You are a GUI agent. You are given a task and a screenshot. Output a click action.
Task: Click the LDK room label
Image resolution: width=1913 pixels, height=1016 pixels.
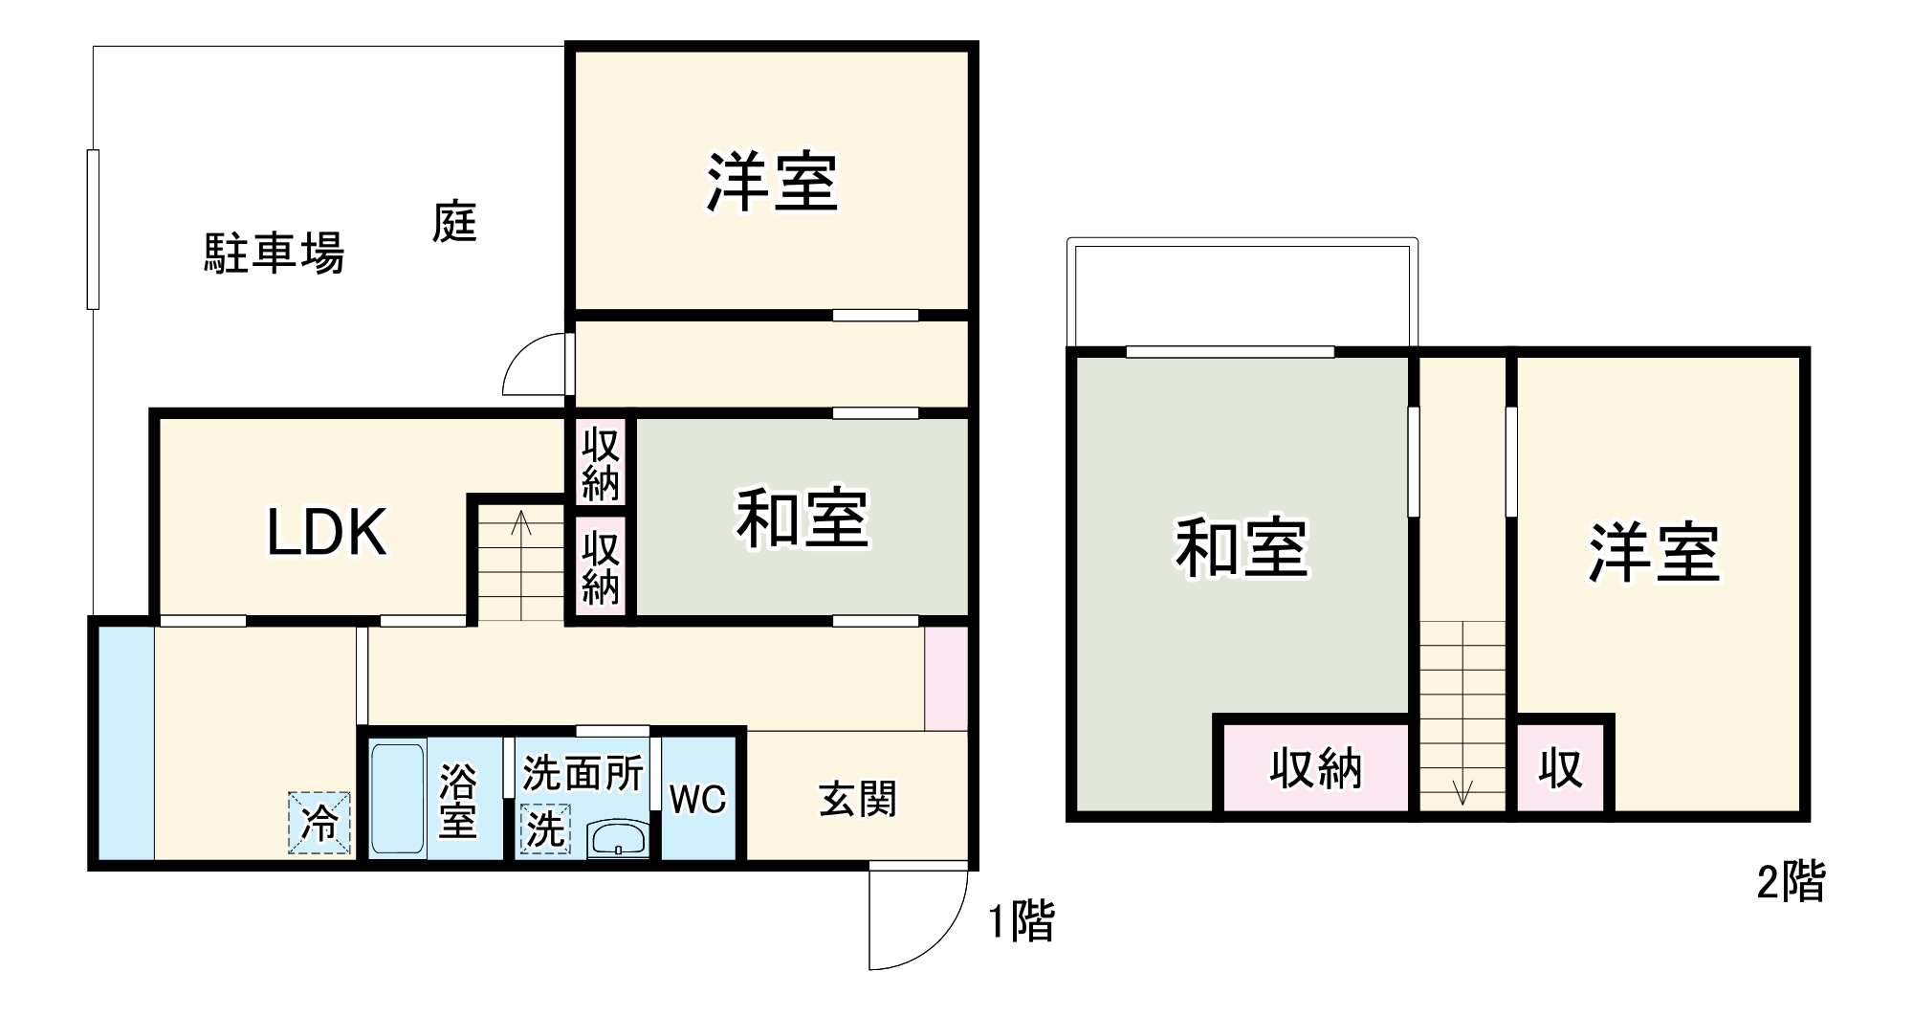tap(326, 533)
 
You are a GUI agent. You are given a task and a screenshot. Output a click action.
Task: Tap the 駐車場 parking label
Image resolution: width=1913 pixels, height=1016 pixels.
tap(274, 254)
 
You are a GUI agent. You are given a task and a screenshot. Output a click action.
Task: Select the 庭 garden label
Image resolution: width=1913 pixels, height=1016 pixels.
tap(453, 222)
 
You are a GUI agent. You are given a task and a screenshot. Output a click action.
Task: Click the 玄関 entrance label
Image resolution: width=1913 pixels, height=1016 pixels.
tap(858, 799)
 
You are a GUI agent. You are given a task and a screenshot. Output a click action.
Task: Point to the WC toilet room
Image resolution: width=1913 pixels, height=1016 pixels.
tap(697, 799)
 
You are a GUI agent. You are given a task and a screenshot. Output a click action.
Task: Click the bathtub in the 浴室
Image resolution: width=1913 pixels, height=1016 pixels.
tap(397, 799)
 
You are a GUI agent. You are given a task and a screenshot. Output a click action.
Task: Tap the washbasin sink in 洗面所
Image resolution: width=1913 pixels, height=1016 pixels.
tap(618, 839)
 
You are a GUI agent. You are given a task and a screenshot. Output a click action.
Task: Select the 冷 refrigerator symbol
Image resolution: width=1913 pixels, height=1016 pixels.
tap(319, 823)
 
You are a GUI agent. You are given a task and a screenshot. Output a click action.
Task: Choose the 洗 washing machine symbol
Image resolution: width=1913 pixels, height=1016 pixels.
tap(545, 828)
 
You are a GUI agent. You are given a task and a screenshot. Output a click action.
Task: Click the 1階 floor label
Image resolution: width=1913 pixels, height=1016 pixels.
tap(1022, 921)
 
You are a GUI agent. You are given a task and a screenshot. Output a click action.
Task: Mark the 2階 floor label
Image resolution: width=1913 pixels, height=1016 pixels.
tap(1791, 881)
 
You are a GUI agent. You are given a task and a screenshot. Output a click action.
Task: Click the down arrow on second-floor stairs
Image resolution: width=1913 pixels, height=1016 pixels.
tap(1462, 791)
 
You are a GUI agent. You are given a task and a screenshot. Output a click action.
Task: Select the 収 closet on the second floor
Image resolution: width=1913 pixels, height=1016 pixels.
tap(1560, 768)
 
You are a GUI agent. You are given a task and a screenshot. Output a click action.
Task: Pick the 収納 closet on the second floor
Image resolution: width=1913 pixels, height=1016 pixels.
tap(1315, 768)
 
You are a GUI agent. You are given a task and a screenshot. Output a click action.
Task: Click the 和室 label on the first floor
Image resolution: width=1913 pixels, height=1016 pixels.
tap(802, 519)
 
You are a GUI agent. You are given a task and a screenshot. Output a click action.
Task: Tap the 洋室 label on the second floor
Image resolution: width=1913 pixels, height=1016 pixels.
tap(1654, 553)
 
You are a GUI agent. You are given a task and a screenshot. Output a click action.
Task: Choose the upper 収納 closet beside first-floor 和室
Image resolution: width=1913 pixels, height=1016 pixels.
tap(601, 464)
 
